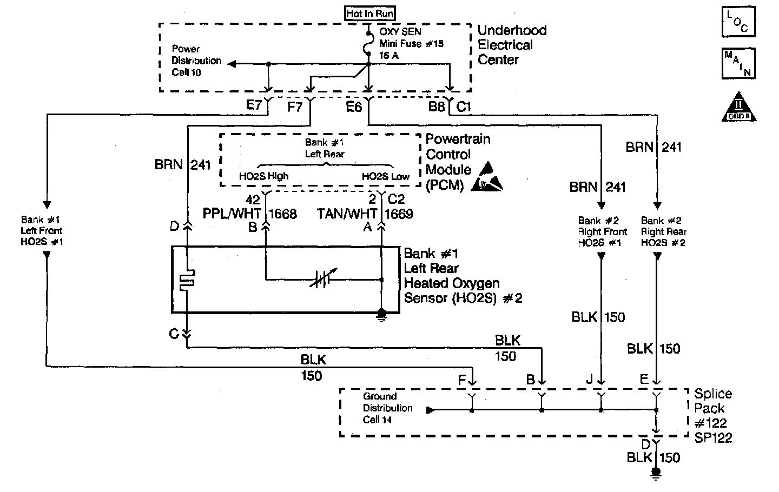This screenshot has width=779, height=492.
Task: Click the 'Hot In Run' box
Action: click(x=370, y=13)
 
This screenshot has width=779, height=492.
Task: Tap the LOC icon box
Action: click(x=739, y=22)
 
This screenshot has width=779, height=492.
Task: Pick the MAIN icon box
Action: click(x=739, y=63)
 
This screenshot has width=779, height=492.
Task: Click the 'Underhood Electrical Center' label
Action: click(x=512, y=45)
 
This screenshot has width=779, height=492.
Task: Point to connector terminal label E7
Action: click(x=254, y=106)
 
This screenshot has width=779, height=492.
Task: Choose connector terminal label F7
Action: click(x=295, y=107)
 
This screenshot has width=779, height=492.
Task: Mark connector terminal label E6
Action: click(x=354, y=107)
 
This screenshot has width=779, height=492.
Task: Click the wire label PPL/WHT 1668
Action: click(x=250, y=214)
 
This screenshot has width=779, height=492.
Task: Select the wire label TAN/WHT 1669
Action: click(x=365, y=214)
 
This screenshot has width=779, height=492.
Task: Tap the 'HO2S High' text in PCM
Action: click(x=263, y=176)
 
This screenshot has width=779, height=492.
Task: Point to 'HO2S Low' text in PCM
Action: click(x=386, y=176)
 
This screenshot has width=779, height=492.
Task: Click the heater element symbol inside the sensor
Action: click(x=187, y=280)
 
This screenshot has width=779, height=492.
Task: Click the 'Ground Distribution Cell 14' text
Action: click(x=387, y=408)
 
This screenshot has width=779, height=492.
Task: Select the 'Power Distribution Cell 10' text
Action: click(x=196, y=61)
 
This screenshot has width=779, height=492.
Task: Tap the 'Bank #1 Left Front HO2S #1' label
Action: click(x=42, y=231)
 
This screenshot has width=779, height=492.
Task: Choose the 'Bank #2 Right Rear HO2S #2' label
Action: click(x=663, y=231)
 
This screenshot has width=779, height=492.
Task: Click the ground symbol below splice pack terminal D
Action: click(x=656, y=474)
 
